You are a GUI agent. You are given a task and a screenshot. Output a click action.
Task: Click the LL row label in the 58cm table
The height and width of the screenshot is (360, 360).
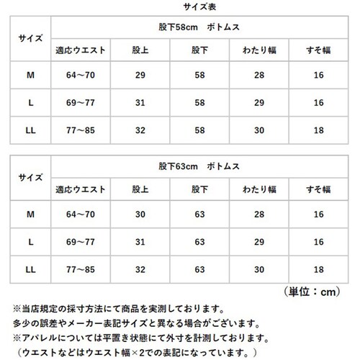[x=30, y=132]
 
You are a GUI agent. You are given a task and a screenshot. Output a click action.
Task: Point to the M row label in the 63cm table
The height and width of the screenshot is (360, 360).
[x=30, y=214]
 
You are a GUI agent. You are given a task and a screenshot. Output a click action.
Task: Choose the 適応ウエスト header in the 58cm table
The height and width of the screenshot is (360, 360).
[x=81, y=51]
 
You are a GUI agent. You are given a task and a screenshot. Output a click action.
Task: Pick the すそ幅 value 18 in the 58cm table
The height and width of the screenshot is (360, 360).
[x=318, y=132]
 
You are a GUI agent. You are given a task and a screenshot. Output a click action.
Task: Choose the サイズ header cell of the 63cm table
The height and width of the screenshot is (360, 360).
[x=30, y=177]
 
